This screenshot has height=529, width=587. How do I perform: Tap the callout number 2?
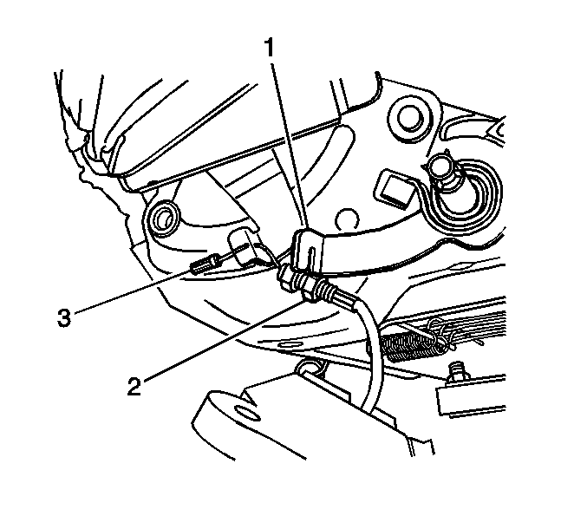coord(134,387)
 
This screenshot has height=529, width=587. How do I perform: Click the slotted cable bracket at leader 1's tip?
coord(308,249)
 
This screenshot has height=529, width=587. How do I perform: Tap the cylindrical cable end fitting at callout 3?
coord(202,264)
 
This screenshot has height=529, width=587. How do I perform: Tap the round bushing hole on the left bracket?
coord(163,219)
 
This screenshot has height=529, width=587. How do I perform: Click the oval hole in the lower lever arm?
coord(247,415)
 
